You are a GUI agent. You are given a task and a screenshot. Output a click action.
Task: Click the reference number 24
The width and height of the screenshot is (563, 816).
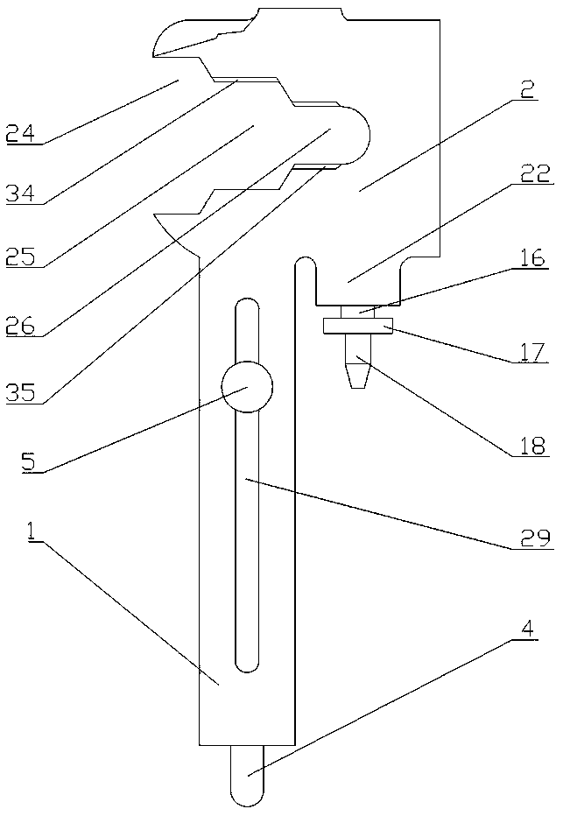pos(21,133)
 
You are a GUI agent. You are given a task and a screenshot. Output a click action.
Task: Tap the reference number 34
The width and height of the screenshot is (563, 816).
pos(21,193)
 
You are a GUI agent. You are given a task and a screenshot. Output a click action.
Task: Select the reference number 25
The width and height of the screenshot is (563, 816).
pos(21,257)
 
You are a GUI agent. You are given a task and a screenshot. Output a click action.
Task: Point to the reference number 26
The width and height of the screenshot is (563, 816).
pos(21,326)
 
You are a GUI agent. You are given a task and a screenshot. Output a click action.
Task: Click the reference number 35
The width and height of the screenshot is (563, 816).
pos(21,392)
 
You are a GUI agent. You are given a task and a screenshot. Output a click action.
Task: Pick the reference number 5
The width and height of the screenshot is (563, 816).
pos(29,462)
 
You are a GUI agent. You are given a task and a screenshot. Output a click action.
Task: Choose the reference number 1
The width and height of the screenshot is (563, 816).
pos(32,531)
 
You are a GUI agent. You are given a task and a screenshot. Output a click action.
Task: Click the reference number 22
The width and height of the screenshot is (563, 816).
pos(536,173)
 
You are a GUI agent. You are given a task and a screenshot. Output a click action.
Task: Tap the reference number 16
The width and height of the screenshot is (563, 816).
pos(531,257)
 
